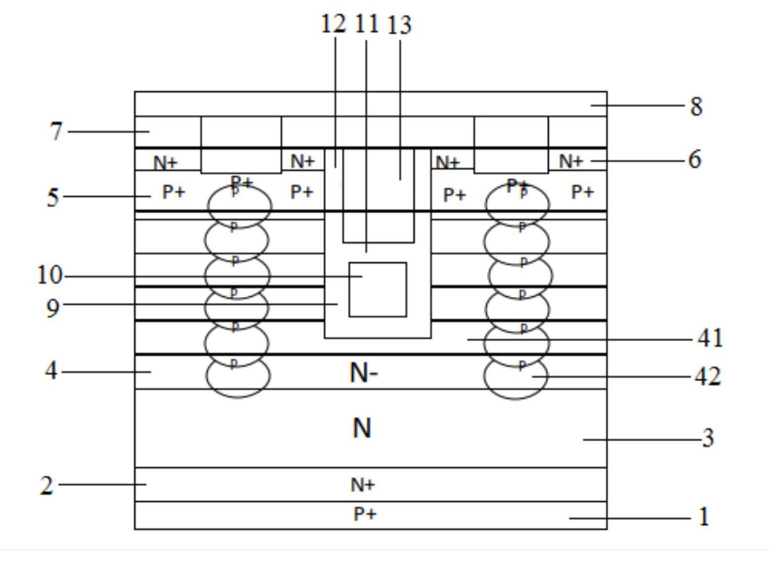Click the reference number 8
[696, 106]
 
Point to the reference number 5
[53, 196]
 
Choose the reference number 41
[708, 339]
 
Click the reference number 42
[708, 378]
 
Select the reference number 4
[53, 369]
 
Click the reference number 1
[704, 517]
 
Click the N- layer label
[362, 375]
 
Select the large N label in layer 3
[362, 429]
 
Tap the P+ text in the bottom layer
[362, 515]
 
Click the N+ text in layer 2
[362, 485]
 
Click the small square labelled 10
[378, 289]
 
